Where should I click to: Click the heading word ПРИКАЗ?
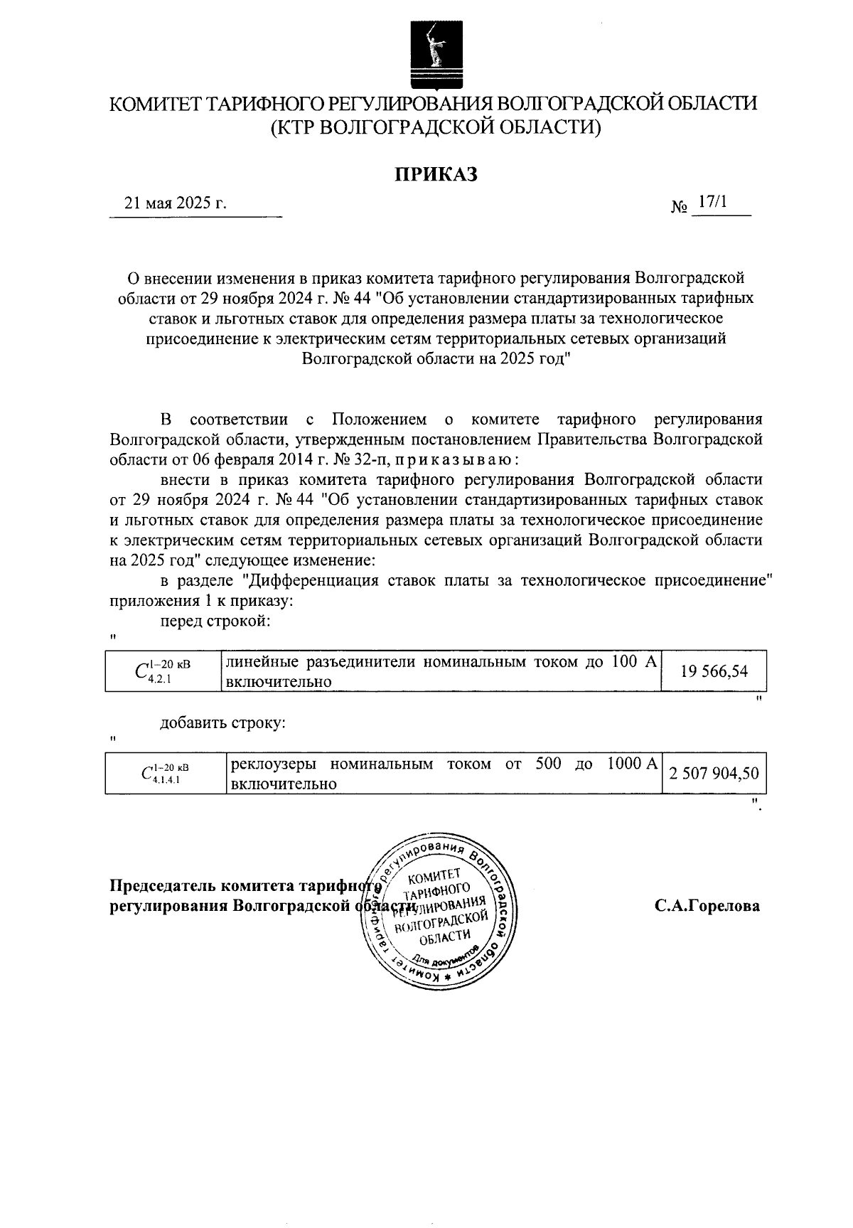click(435, 173)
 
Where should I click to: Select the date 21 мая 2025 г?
click(176, 203)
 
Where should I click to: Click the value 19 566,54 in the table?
click(714, 671)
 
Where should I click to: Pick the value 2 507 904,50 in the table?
click(714, 774)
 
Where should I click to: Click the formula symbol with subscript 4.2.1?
click(162, 671)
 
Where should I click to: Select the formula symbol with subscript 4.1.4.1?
click(164, 774)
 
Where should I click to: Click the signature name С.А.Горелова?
click(707, 906)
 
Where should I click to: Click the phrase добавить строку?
click(222, 723)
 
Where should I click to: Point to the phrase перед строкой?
click(215, 621)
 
